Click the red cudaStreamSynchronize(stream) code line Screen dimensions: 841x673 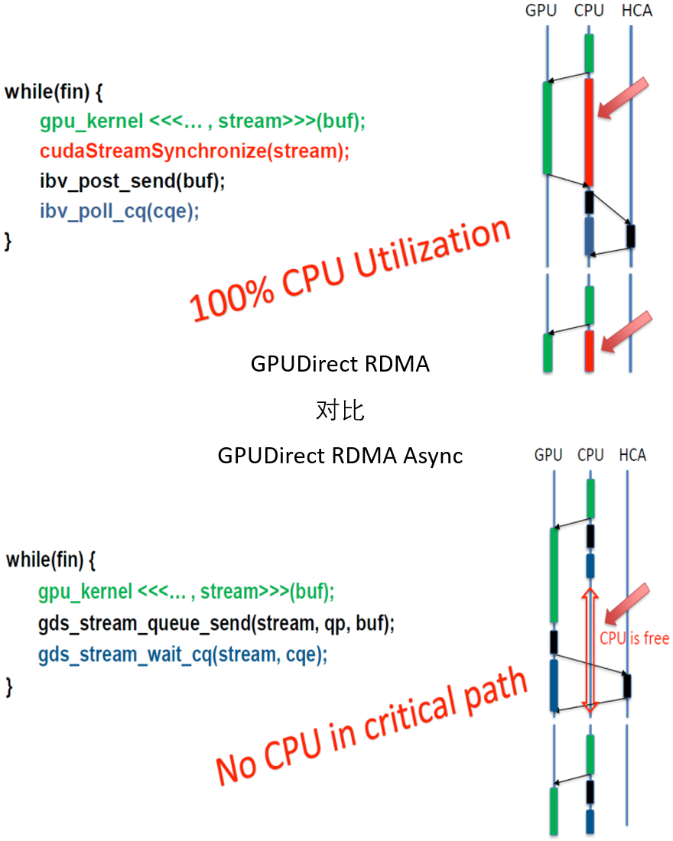pyautogui.click(x=194, y=151)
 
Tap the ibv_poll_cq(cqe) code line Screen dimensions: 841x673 pyautogui.click(x=119, y=211)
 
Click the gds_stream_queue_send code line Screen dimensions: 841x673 pyautogui.click(x=216, y=623)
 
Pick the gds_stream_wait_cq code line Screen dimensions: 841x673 pyautogui.click(x=182, y=654)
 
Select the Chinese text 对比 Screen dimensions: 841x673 pyautogui.click(x=340, y=411)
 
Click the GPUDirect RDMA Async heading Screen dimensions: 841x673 pyautogui.click(x=340, y=456)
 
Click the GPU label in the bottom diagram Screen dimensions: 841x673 pyautogui.click(x=548, y=456)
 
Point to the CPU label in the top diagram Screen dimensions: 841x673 pyautogui.click(x=589, y=11)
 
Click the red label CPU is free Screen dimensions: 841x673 pyautogui.click(x=634, y=638)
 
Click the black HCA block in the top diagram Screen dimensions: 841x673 pyautogui.click(x=631, y=236)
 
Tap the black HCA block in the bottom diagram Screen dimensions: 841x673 pyautogui.click(x=627, y=686)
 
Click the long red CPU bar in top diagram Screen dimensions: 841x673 pyautogui.click(x=588, y=132)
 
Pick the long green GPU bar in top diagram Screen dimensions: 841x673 pyautogui.click(x=547, y=128)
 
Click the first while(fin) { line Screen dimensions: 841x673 pyautogui.click(x=54, y=92)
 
